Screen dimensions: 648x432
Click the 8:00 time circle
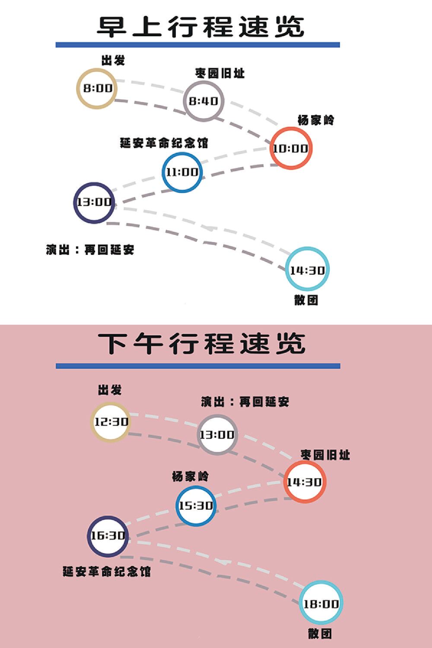(97, 89)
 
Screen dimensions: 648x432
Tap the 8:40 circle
(203, 101)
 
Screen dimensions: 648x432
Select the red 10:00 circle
(290, 148)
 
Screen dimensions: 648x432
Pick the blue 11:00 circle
(182, 172)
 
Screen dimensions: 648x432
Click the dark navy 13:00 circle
(94, 202)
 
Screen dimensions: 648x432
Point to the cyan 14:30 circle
(307, 270)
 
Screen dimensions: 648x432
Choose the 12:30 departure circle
(111, 422)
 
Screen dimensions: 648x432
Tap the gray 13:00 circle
(217, 435)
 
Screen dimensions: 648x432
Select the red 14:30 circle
(305, 482)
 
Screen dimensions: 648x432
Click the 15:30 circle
(196, 505)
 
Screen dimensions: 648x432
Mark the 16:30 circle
(108, 536)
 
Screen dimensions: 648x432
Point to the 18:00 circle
(321, 604)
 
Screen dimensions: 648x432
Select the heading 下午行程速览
(201, 343)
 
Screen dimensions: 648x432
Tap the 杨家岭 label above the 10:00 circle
(316, 120)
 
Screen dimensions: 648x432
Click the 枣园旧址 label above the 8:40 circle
(220, 73)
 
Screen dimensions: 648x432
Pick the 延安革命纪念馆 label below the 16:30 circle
(107, 572)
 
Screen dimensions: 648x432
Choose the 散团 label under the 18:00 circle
(320, 634)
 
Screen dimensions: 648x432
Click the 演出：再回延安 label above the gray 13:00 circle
(245, 402)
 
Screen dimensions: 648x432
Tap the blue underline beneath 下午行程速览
(198, 366)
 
